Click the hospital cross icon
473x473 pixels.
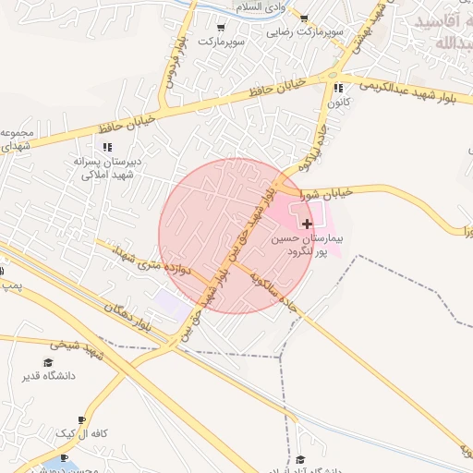[307, 224]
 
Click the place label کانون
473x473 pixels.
[336, 103]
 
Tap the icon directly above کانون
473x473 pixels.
[336, 89]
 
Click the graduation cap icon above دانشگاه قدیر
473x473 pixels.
[48, 362]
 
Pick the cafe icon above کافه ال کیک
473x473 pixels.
[82, 419]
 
